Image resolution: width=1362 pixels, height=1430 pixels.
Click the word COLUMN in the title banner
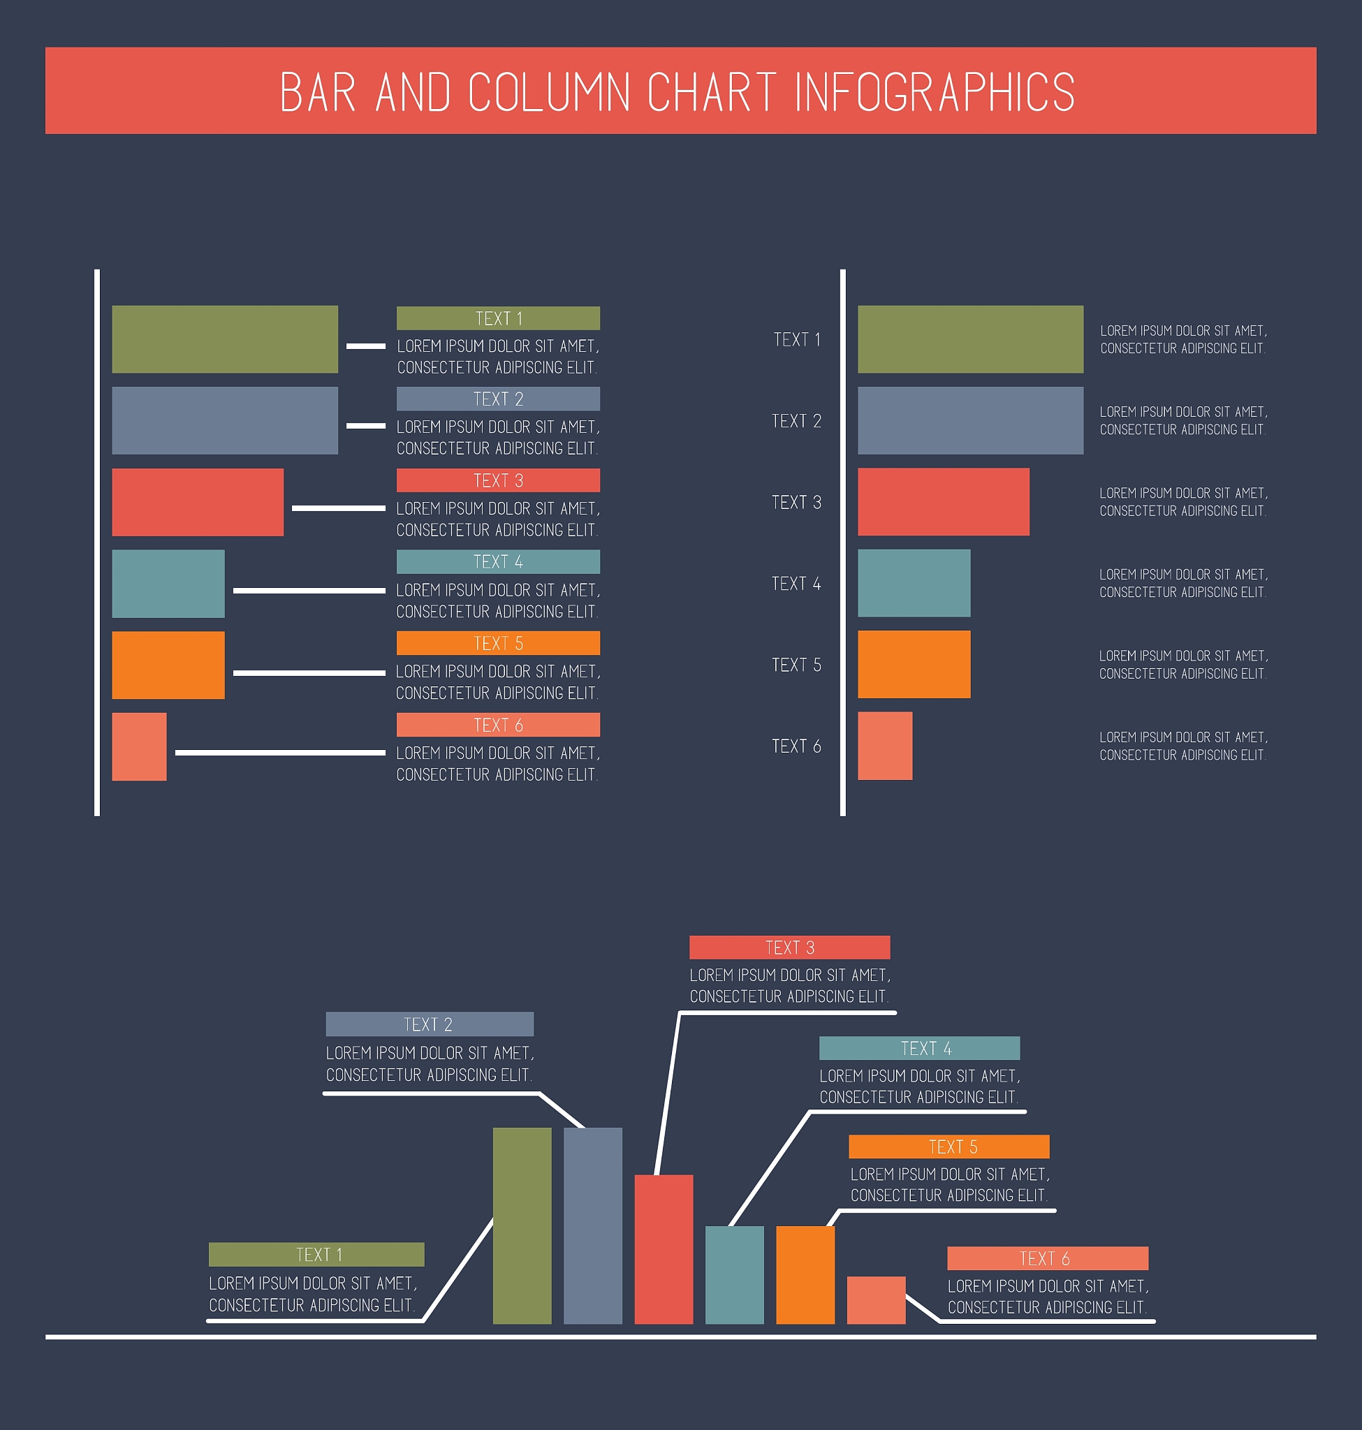tap(549, 92)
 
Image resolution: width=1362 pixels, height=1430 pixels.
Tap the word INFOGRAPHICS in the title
tap(935, 92)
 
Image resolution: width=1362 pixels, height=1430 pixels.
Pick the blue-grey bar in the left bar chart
tap(225, 420)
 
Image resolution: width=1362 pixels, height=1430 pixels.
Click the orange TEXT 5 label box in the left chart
tap(498, 643)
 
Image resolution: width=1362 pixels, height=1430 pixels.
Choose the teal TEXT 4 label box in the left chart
tap(498, 562)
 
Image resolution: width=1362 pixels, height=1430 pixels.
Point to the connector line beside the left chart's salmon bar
tap(280, 753)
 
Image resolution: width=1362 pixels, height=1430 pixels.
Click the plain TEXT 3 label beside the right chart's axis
tap(796, 502)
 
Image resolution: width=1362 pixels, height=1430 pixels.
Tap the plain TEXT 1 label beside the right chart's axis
tap(796, 340)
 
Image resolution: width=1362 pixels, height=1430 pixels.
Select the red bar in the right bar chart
tap(943, 501)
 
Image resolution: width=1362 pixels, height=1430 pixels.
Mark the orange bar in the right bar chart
tap(914, 664)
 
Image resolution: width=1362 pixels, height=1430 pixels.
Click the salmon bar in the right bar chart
tap(885, 746)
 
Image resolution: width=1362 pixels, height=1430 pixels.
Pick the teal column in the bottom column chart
tap(735, 1275)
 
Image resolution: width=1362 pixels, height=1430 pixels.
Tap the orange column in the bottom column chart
tap(805, 1275)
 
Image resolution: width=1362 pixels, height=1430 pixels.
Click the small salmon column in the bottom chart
tap(877, 1300)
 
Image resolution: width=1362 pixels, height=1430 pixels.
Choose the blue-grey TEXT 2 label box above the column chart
tap(429, 1024)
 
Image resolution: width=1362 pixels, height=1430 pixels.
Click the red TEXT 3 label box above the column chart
tap(789, 948)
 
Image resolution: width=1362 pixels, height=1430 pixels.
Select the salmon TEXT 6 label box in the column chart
tap(1048, 1258)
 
